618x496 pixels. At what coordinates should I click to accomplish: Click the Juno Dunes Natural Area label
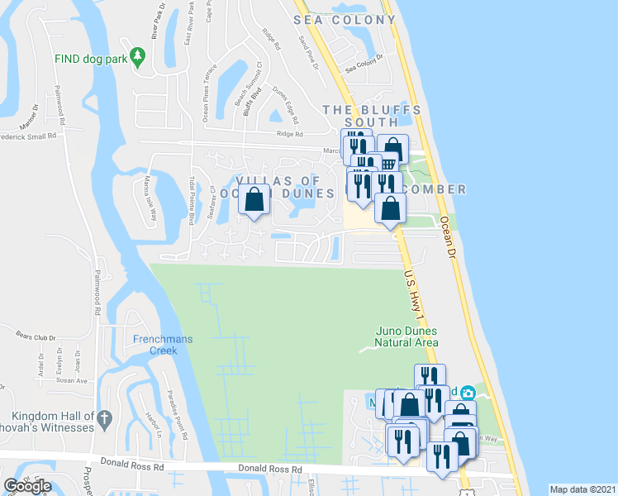(406, 336)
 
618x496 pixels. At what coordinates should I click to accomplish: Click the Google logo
(27, 486)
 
